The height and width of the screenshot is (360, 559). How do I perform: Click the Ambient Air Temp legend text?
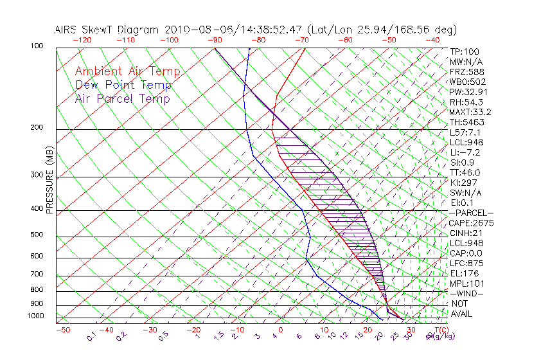point(127,72)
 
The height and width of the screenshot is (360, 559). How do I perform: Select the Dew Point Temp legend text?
point(123,85)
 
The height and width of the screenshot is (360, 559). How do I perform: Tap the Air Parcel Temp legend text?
point(122,99)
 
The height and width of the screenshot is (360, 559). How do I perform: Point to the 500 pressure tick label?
point(37,235)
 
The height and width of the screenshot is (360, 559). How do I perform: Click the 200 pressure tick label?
point(37,128)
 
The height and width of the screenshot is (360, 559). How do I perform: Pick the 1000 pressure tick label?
point(35,316)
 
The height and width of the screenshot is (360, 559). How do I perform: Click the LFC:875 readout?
point(466,263)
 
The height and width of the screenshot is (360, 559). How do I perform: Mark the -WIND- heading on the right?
point(466,293)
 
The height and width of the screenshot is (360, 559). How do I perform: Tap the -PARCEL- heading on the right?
point(471,213)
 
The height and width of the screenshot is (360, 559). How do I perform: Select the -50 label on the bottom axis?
point(63,330)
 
